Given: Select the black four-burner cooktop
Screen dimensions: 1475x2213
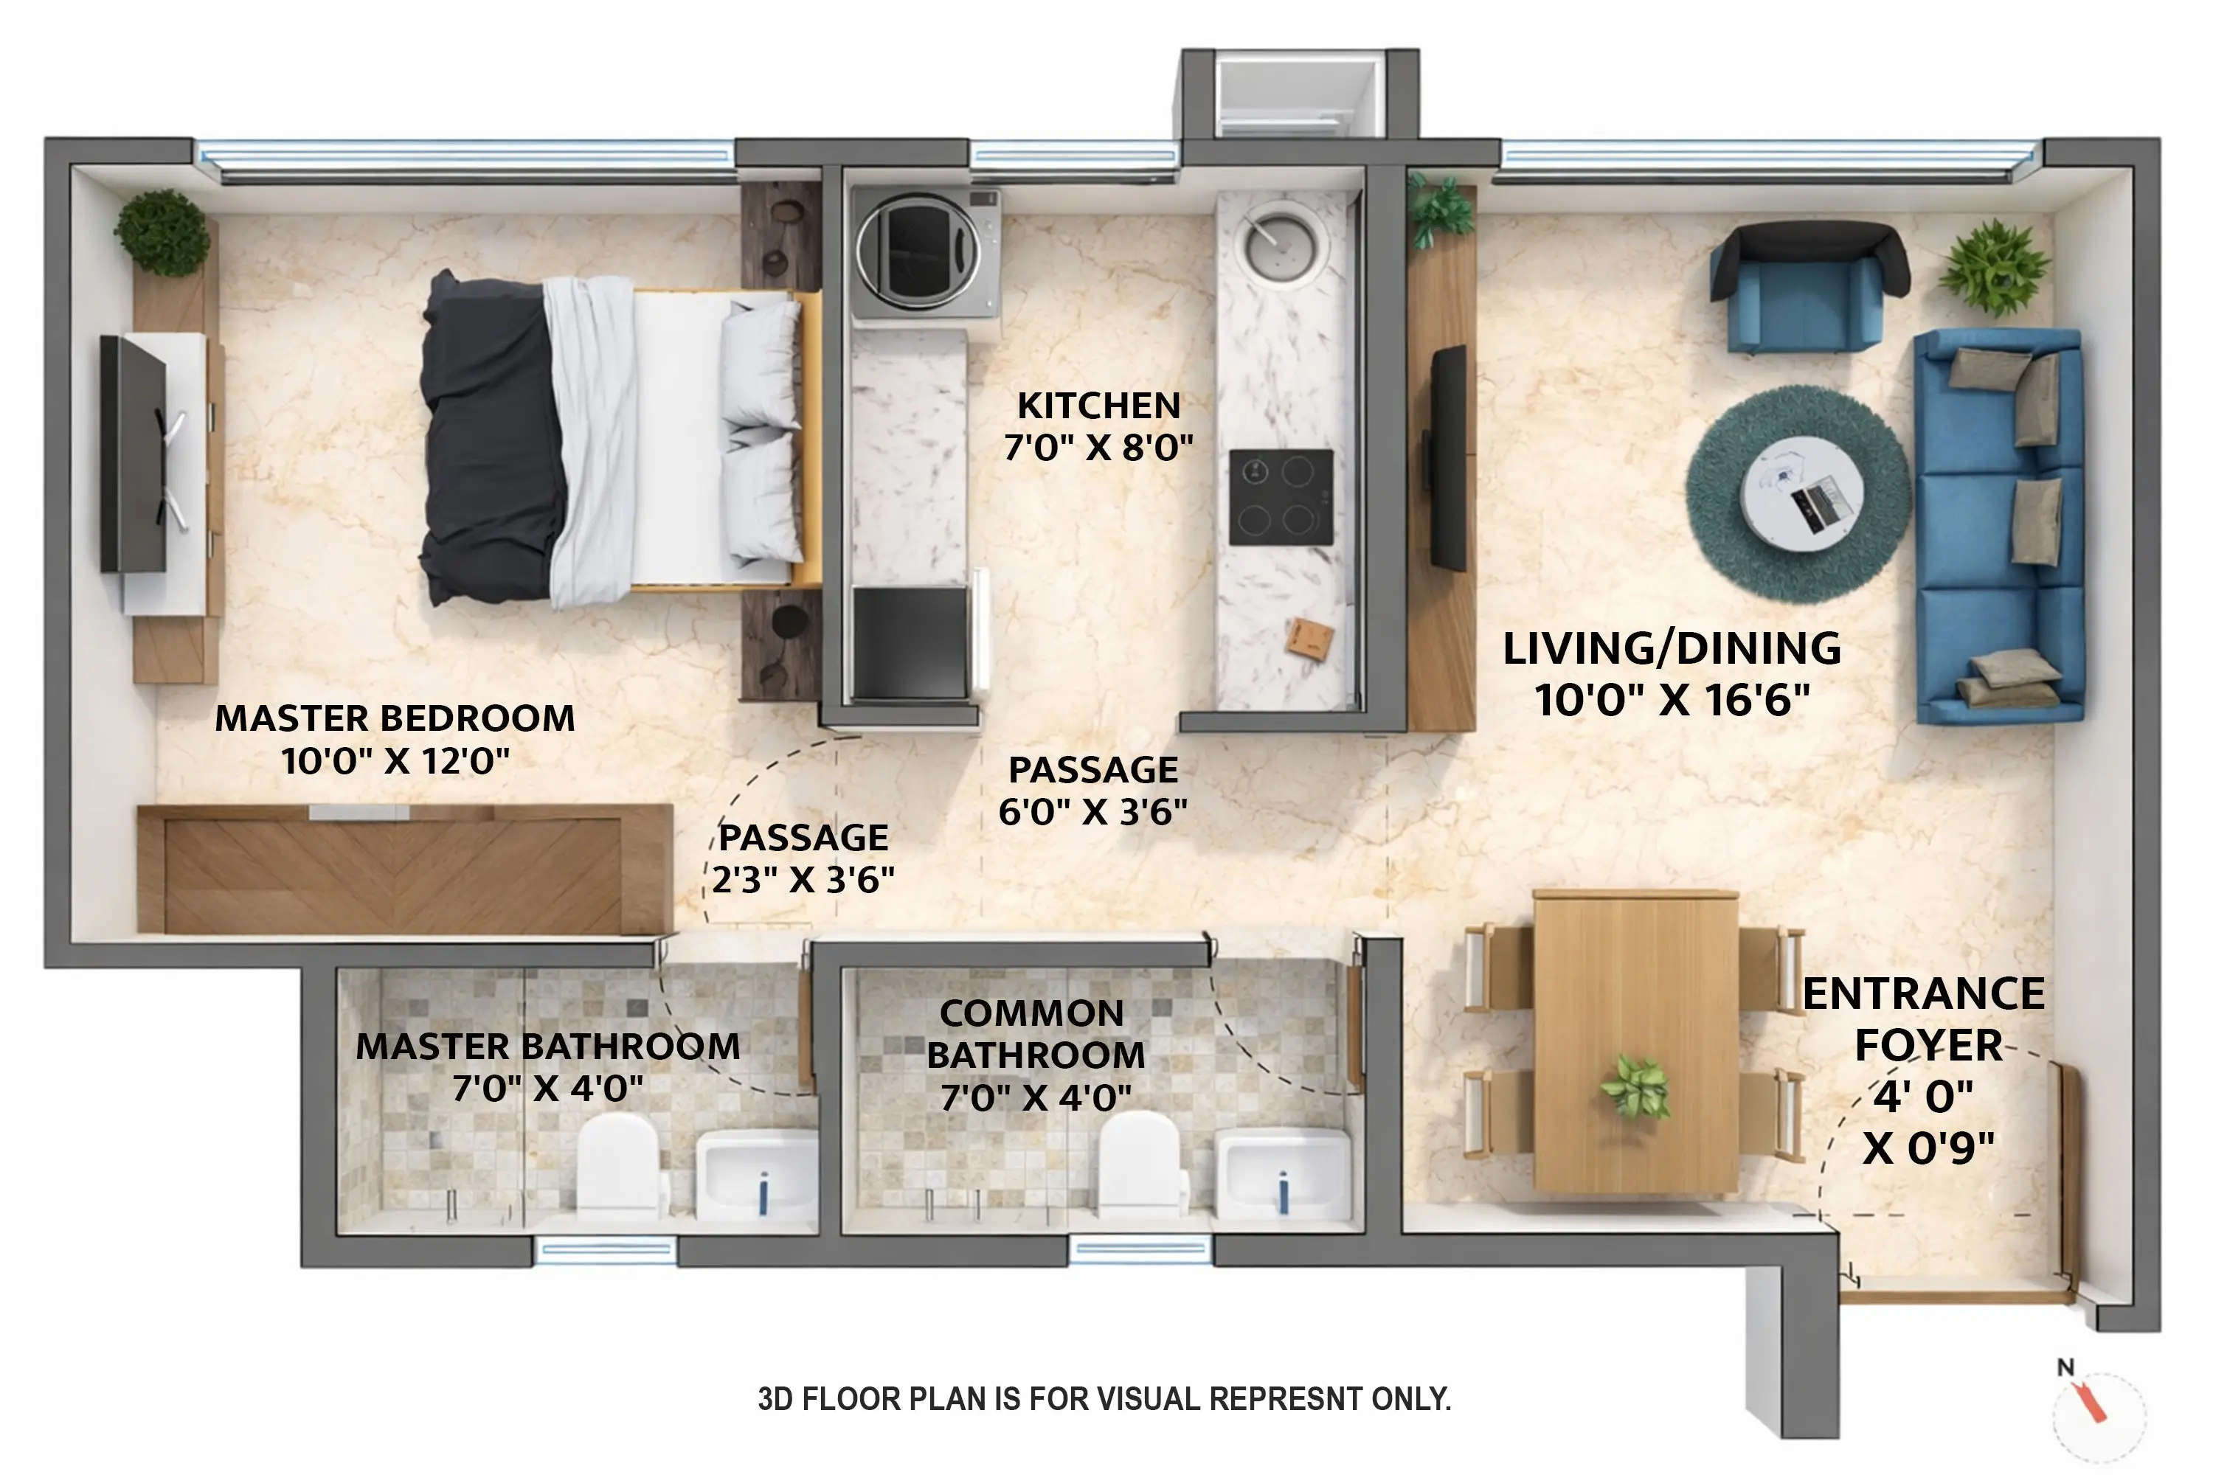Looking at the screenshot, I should tap(1281, 496).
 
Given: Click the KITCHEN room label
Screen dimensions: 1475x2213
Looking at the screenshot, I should tap(1098, 406).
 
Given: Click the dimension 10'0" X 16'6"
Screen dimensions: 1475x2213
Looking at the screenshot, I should tap(1672, 700).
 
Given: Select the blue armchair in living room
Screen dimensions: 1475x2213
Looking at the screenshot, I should tap(1807, 287).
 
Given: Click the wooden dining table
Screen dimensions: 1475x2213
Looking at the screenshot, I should tap(1635, 1039).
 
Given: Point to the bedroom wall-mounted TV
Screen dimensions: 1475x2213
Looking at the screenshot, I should tap(134, 454).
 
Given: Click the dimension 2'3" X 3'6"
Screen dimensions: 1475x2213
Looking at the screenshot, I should tap(803, 880).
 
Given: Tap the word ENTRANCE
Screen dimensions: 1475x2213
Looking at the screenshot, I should tap(1922, 994).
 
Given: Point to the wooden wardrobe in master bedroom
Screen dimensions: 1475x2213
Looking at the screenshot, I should tap(404, 870).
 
